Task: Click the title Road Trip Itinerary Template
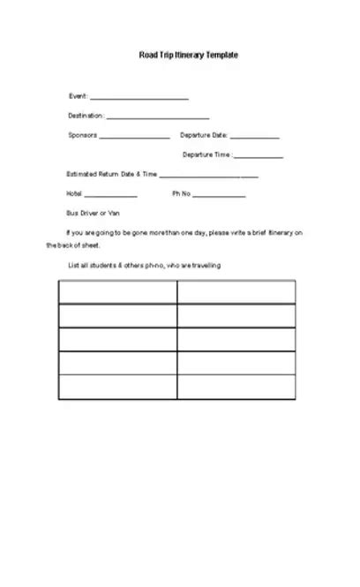click(188, 55)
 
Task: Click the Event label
click(78, 95)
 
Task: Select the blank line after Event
click(139, 98)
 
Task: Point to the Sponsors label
click(83, 135)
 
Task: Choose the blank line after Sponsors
click(134, 138)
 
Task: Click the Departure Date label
click(204, 135)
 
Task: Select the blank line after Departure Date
click(255, 138)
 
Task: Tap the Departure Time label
click(207, 154)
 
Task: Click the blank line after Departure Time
click(259, 157)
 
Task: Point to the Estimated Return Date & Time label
click(111, 175)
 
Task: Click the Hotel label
click(74, 193)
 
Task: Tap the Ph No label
click(181, 193)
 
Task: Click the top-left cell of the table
click(117, 292)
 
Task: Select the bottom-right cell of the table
click(236, 387)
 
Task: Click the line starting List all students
click(144, 265)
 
